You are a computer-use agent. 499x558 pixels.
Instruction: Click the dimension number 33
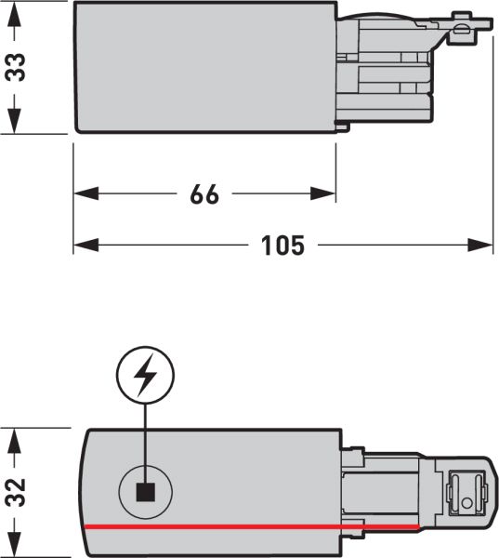click(17, 68)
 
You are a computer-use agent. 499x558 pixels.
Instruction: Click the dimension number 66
click(204, 194)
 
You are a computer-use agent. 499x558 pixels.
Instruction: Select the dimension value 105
click(282, 246)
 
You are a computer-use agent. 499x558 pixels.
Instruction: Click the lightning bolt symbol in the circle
click(144, 378)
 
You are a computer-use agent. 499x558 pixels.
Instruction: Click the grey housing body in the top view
click(204, 67)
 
